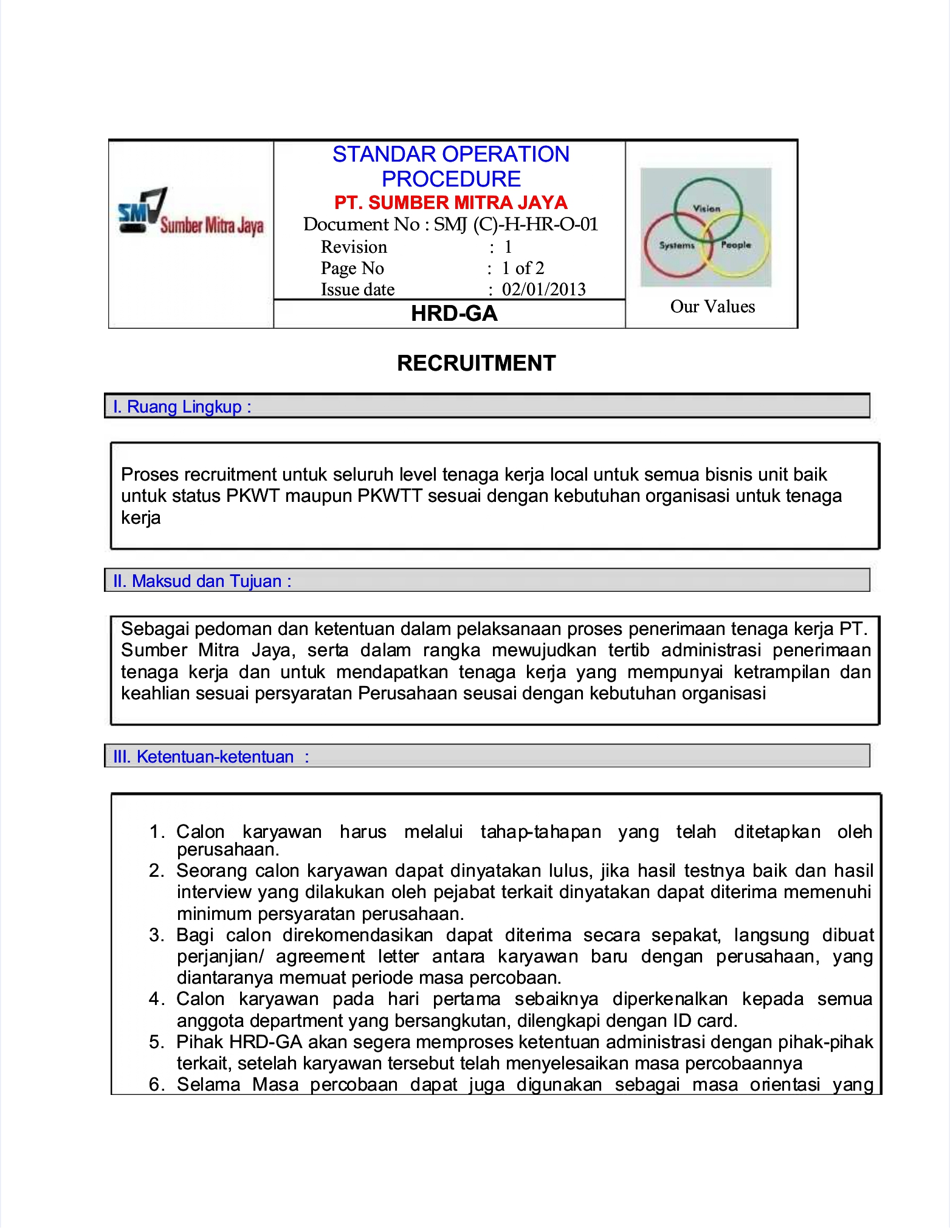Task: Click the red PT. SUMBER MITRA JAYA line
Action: (450, 202)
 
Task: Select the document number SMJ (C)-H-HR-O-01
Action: (515, 224)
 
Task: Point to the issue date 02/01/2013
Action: (543, 289)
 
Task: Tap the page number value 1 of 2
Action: (523, 268)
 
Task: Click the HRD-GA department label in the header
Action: (454, 314)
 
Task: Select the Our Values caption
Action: (712, 306)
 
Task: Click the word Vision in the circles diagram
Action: (706, 208)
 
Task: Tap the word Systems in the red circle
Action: (676, 245)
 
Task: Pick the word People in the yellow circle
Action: (736, 245)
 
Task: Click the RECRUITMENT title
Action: (476, 363)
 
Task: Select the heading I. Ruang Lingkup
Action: (182, 406)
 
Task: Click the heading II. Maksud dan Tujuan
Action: (202, 581)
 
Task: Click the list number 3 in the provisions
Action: (156, 935)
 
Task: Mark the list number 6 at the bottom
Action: (156, 1085)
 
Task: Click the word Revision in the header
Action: (354, 247)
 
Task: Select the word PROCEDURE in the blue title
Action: (451, 179)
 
